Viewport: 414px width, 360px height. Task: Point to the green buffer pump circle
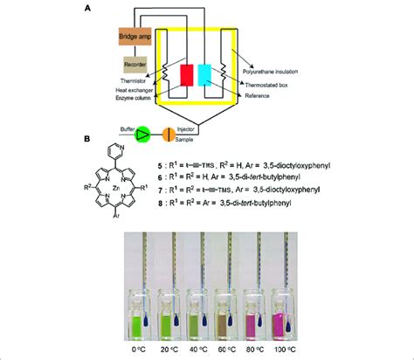click(143, 133)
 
